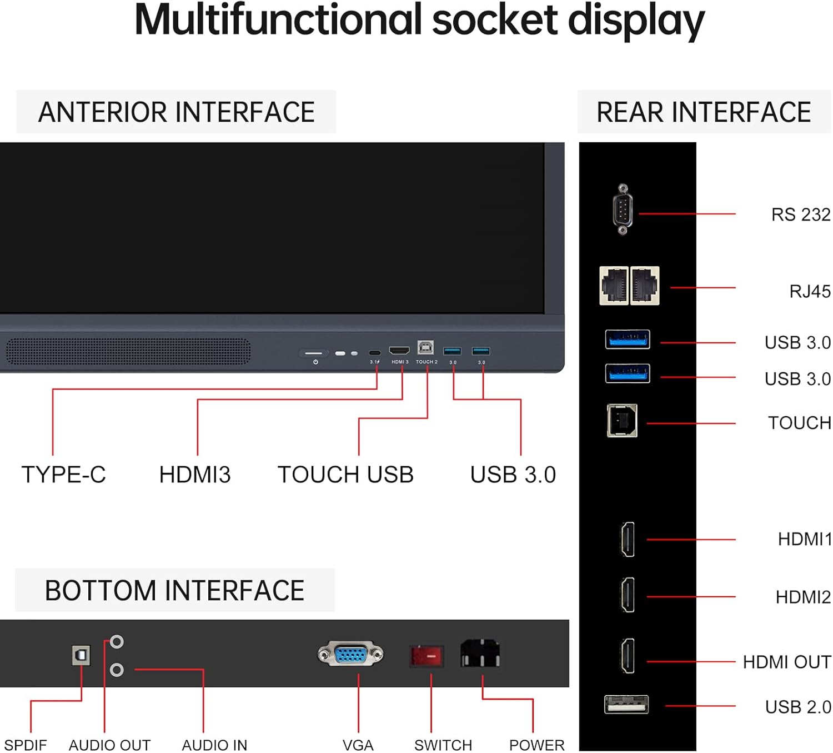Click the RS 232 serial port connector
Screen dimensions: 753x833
pos(623,210)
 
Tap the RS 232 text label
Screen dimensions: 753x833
pos(800,215)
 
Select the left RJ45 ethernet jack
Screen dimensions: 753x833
pos(614,286)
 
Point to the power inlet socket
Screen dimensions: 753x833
pos(480,654)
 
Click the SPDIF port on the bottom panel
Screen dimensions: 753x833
pos(82,656)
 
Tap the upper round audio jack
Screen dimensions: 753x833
pos(117,642)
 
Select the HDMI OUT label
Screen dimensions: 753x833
pos(786,662)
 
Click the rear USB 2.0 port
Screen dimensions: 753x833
pos(626,705)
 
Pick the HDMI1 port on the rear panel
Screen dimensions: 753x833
pos(628,539)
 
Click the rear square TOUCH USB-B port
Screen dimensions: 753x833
pos(622,421)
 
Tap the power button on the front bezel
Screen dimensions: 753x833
pos(314,353)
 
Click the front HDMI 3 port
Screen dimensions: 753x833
pos(399,351)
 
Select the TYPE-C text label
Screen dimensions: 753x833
pos(63,475)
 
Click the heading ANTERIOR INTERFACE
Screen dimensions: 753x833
pos(176,112)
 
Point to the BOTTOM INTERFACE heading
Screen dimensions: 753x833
pos(174,591)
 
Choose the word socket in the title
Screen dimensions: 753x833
pos(495,21)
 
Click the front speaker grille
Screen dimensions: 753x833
pos(128,352)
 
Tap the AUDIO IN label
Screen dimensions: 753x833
pos(214,745)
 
